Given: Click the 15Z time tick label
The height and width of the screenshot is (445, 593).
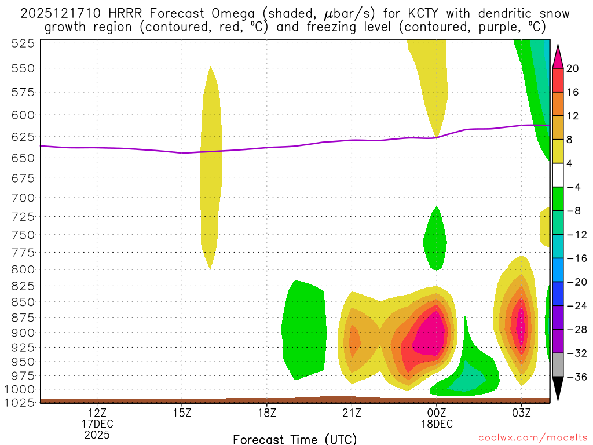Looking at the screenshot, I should (182, 413).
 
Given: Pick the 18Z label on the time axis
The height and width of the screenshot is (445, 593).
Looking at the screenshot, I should (266, 413).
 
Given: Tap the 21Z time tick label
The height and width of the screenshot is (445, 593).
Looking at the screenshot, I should (352, 413).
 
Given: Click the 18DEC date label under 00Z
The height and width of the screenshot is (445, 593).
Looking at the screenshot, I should (437, 424).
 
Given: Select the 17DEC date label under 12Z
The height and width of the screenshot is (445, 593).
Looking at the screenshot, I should (97, 424).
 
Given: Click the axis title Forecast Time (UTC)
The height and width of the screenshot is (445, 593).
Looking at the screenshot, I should (295, 439).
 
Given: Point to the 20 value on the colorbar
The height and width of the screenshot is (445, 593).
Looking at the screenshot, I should (573, 68).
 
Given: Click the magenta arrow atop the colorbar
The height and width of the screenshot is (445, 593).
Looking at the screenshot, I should (558, 56).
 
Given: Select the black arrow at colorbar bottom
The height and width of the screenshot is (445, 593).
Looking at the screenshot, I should (558, 389).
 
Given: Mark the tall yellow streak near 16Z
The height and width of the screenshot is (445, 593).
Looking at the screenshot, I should (211, 168).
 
